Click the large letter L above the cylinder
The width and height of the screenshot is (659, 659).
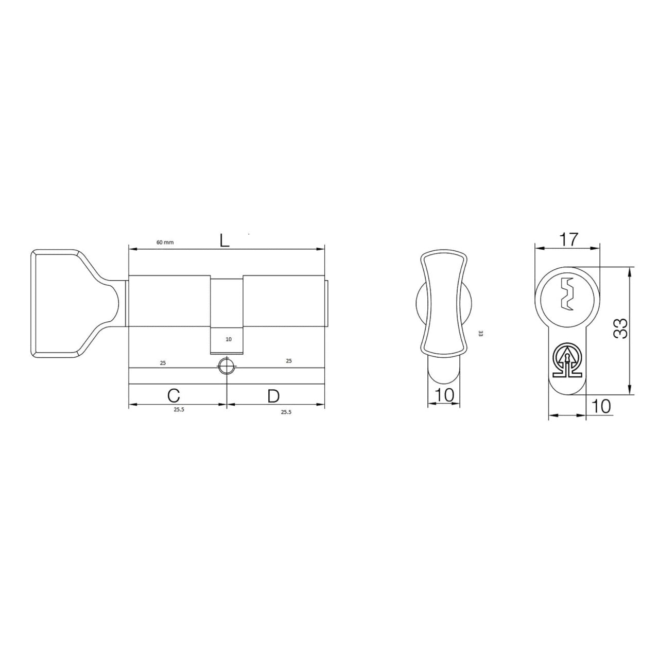224,241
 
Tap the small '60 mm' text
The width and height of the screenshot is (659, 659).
165,242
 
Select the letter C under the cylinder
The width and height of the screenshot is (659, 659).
174,396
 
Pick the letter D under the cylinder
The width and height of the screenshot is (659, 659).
273,396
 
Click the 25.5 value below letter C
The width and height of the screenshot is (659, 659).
179,410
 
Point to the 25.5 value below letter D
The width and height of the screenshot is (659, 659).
286,412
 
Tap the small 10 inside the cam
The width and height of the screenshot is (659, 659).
229,339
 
